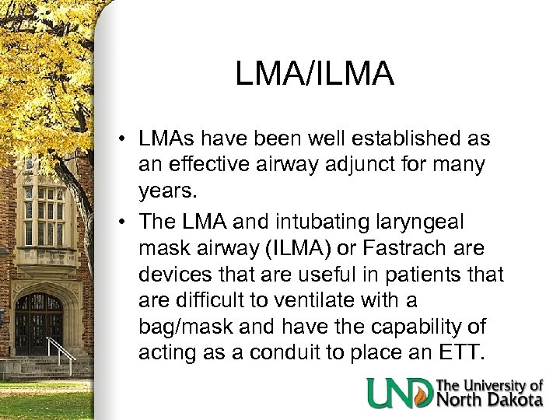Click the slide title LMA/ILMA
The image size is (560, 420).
click(314, 75)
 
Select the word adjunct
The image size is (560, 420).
click(359, 165)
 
